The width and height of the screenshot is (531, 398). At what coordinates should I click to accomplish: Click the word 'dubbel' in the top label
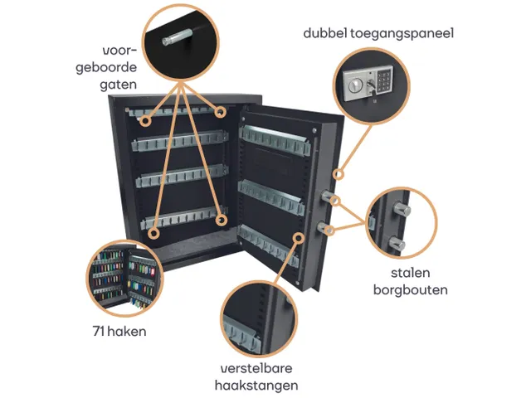click(x=328, y=34)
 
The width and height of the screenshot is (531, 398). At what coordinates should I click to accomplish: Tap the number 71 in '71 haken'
click(x=101, y=332)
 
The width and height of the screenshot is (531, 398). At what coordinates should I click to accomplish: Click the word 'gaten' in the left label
click(x=114, y=84)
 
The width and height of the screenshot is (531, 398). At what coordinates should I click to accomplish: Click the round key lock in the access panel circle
click(x=355, y=85)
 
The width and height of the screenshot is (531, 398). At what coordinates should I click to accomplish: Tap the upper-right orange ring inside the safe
click(x=221, y=111)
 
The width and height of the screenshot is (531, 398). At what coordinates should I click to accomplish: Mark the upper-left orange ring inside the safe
click(x=146, y=121)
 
